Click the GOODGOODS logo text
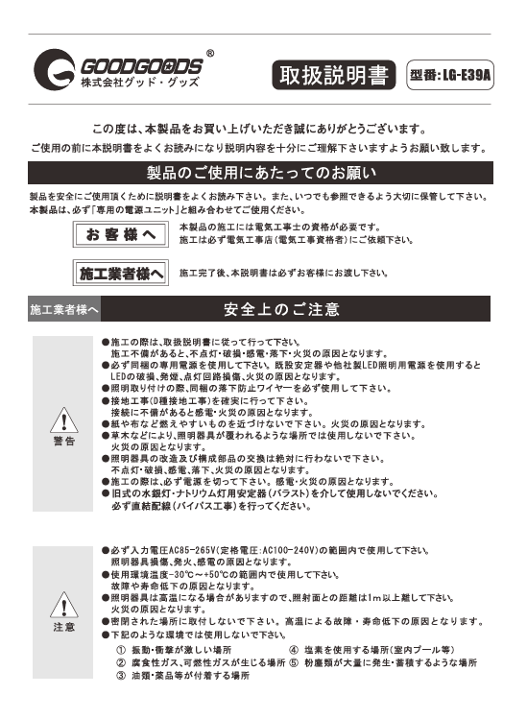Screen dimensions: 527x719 pyautogui.click(x=140, y=67)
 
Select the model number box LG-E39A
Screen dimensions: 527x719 pyautogui.click(x=449, y=75)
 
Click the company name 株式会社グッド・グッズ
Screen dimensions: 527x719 pyautogui.click(x=127, y=86)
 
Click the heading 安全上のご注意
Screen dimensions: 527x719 pyautogui.click(x=281, y=310)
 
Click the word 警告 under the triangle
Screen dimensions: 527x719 pyautogui.click(x=64, y=441)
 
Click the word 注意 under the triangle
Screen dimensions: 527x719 pyautogui.click(x=64, y=627)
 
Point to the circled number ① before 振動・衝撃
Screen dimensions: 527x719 pyautogui.click(x=121, y=650)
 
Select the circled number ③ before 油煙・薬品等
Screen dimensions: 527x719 pyautogui.click(x=121, y=676)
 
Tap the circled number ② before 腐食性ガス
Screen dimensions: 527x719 pyautogui.click(x=121, y=662)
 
